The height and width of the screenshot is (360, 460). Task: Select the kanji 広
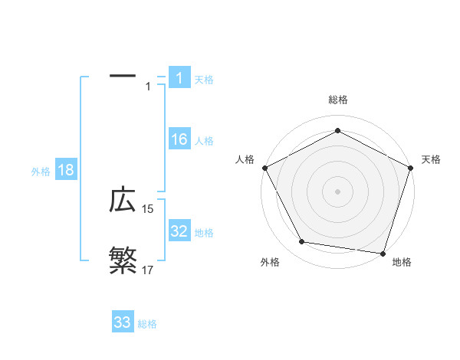point(123,201)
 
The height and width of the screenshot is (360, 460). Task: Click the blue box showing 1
point(179,78)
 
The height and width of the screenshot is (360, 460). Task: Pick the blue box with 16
point(179,139)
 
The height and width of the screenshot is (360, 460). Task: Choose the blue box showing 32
point(179,231)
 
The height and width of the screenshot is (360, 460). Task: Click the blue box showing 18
point(66,170)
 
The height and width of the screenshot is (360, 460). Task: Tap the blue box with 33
point(123,322)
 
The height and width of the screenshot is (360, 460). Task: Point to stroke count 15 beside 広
point(148,209)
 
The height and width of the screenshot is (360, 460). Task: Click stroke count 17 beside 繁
point(148,270)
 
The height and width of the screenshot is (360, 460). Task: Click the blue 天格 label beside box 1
point(204,80)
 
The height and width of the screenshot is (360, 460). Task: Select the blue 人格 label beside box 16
point(204,141)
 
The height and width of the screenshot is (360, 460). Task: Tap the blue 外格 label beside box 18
point(41,172)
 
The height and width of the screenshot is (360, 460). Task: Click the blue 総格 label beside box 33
point(147,324)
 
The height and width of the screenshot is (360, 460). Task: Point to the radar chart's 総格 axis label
point(337,100)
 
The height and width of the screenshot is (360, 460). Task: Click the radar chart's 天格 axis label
point(432,159)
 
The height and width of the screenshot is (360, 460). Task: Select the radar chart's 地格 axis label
point(402,263)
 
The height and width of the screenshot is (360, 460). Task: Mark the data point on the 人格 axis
point(264,167)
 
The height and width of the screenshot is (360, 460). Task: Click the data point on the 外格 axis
point(302,242)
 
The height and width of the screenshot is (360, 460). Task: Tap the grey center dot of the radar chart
point(337,191)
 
